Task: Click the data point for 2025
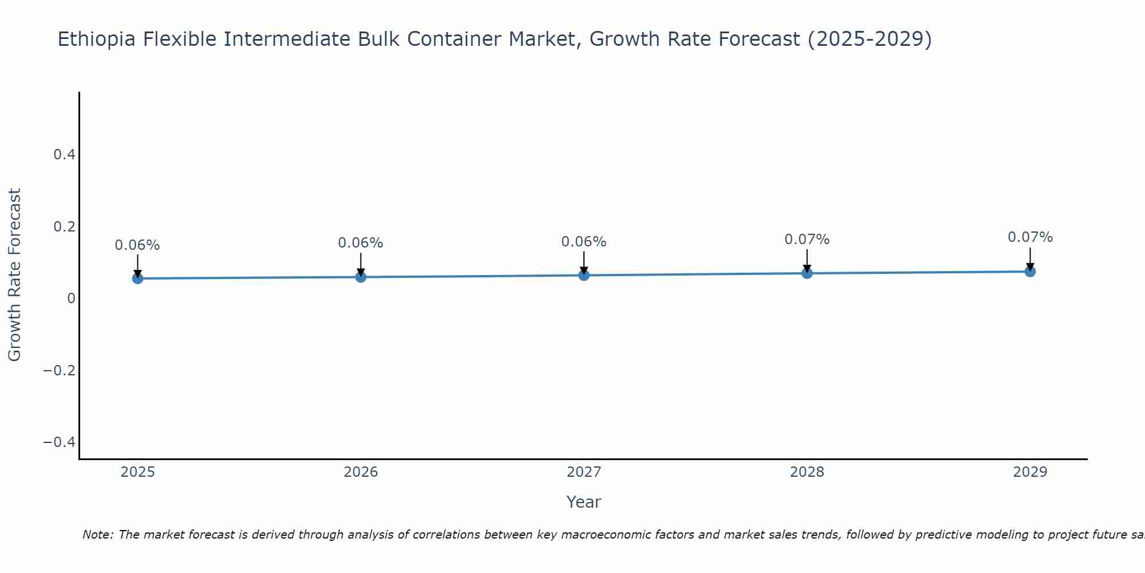click(137, 278)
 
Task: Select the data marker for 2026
click(361, 277)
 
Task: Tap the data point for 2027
click(584, 276)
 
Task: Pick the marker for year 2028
click(807, 273)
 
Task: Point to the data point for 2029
click(1030, 272)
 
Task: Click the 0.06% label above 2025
click(137, 245)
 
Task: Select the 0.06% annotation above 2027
click(584, 242)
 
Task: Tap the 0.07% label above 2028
click(807, 240)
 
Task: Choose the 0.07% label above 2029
click(1030, 237)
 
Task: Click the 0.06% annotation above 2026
click(361, 243)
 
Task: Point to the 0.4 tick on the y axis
click(64, 155)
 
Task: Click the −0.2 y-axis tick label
click(60, 370)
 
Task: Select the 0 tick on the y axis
click(71, 298)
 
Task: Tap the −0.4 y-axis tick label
click(60, 442)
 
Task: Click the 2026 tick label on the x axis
click(361, 472)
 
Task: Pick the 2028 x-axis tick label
click(807, 472)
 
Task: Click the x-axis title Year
click(583, 502)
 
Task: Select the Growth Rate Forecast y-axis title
click(14, 274)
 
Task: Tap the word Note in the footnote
click(98, 535)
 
